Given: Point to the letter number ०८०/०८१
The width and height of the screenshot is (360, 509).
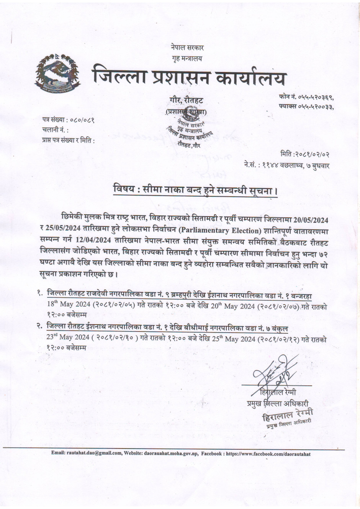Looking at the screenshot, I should coord(83,120).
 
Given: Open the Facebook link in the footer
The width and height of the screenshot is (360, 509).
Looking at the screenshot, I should coord(268,454).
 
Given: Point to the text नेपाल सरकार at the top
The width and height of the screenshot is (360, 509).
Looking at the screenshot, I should coord(187,48).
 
